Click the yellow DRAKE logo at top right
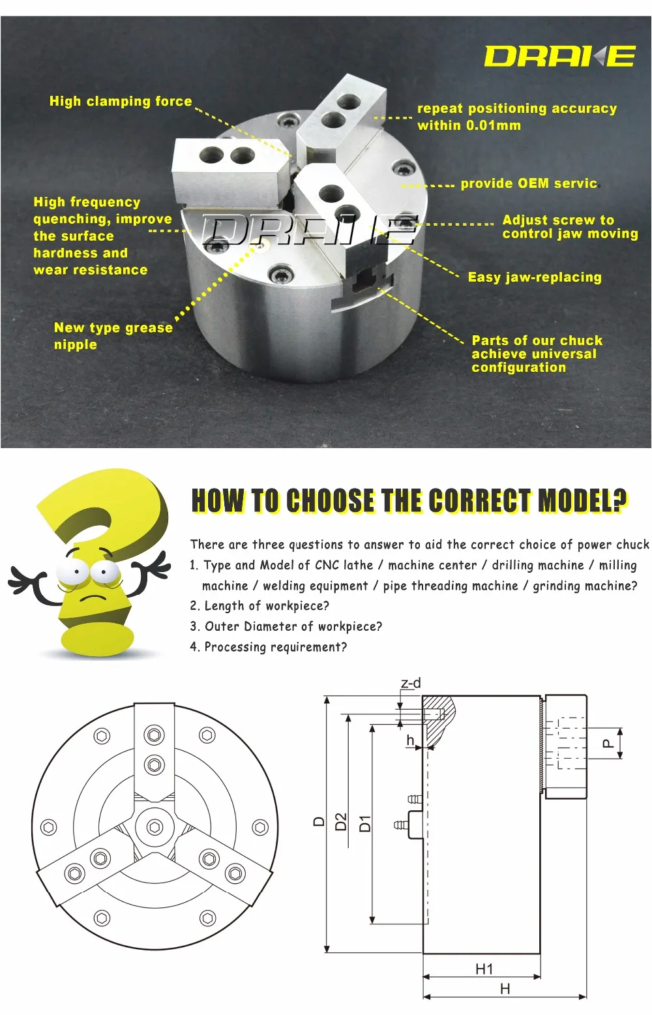(x=559, y=56)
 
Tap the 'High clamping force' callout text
(x=121, y=101)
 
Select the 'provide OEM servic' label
(x=529, y=183)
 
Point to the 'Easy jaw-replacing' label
(x=535, y=277)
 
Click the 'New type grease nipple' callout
(x=113, y=335)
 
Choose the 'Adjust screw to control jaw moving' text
(x=569, y=227)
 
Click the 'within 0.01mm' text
(x=469, y=125)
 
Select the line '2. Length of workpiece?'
(x=259, y=606)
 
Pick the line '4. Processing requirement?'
(x=269, y=647)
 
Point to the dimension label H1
(x=484, y=969)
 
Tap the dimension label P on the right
(x=607, y=743)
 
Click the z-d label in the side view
(x=411, y=683)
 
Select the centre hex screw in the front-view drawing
(x=155, y=827)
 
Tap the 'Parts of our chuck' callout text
(x=537, y=341)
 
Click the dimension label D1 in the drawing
(x=365, y=823)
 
